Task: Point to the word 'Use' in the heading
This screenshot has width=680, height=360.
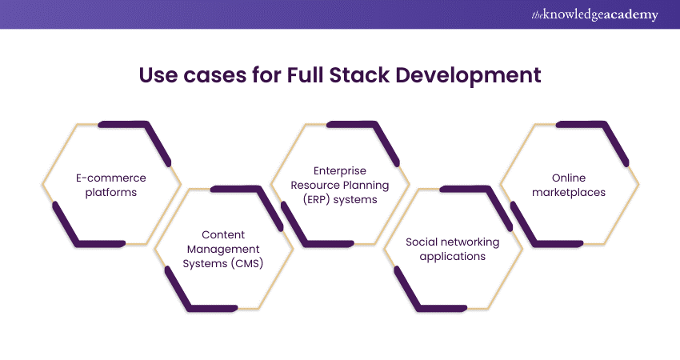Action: tap(158, 76)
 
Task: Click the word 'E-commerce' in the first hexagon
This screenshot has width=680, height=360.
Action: tap(111, 178)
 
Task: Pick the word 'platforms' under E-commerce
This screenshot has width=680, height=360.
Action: tap(111, 192)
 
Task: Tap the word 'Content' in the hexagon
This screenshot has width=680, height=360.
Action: tap(223, 234)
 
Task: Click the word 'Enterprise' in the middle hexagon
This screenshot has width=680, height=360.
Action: tap(340, 170)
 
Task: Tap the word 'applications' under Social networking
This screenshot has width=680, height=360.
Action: tap(453, 256)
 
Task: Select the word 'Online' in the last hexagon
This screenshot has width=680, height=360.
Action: tap(569, 178)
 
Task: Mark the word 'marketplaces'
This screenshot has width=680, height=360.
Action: tap(569, 192)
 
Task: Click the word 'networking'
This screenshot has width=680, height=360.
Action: tap(472, 242)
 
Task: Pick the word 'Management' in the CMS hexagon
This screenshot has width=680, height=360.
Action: tap(223, 250)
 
